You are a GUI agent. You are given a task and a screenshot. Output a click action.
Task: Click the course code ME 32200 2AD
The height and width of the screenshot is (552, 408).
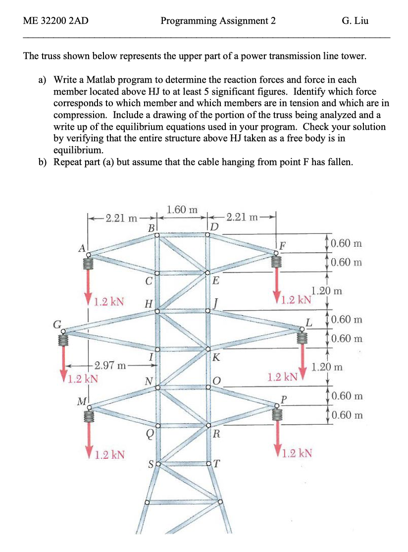point(52,21)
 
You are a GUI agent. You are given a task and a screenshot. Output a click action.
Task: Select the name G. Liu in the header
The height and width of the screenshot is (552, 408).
point(355,21)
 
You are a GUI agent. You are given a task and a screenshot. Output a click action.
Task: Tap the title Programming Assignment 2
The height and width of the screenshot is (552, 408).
point(218,21)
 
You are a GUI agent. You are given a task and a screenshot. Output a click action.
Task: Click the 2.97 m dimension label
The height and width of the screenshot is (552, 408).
point(112,367)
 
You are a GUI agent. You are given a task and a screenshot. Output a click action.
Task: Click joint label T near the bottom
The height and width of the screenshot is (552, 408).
point(217,464)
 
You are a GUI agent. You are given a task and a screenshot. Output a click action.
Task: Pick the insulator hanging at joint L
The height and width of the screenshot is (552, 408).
point(302,337)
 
